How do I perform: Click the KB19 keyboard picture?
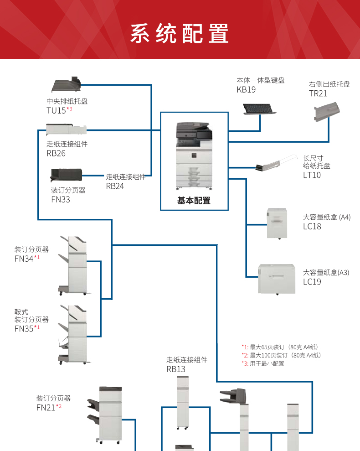tap(258, 109)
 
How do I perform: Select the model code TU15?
tap(57, 110)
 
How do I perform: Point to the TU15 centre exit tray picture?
tap(67, 85)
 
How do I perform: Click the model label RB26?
tap(56, 154)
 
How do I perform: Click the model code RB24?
tap(115, 186)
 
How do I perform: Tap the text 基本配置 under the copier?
tap(194, 201)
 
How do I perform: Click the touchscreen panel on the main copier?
tap(204, 135)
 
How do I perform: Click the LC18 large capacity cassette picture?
tap(277, 223)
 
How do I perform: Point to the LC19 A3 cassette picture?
tap(277, 279)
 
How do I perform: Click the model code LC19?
tap(312, 282)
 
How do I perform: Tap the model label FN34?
tap(24, 259)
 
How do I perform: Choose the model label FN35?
tap(24, 328)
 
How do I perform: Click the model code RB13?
tap(176, 369)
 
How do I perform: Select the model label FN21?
tap(46, 408)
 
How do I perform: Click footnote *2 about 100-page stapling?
tap(281, 355)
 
